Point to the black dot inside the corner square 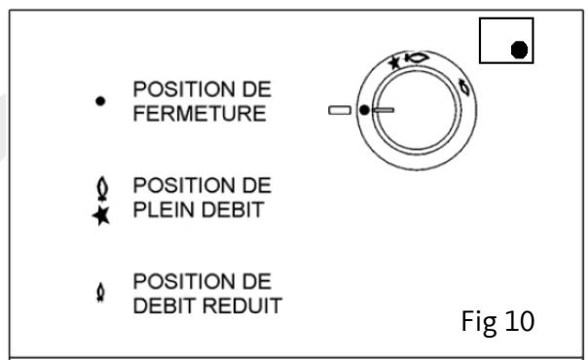[x=519, y=49]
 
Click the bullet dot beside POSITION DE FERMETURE [x=100, y=99]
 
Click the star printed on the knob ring [x=392, y=62]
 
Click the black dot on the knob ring [x=364, y=111]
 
